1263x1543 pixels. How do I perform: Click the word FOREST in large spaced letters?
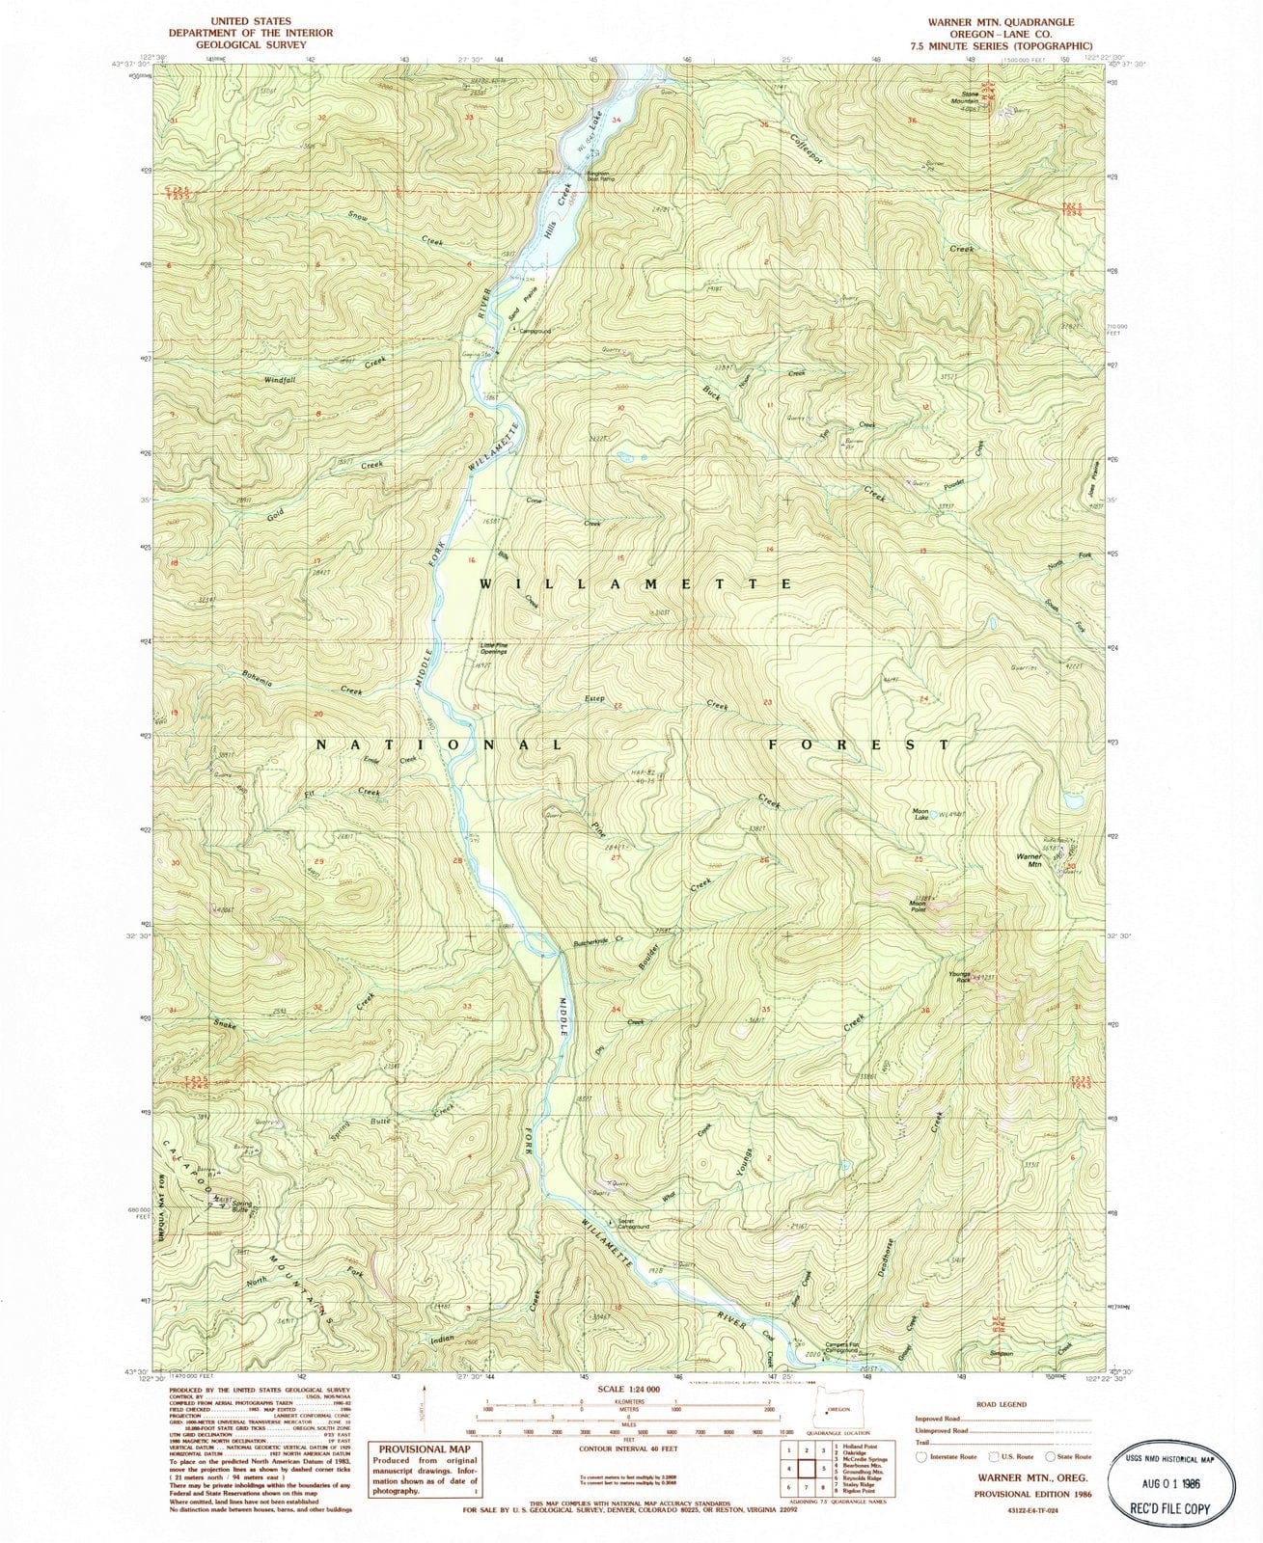coord(858,744)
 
